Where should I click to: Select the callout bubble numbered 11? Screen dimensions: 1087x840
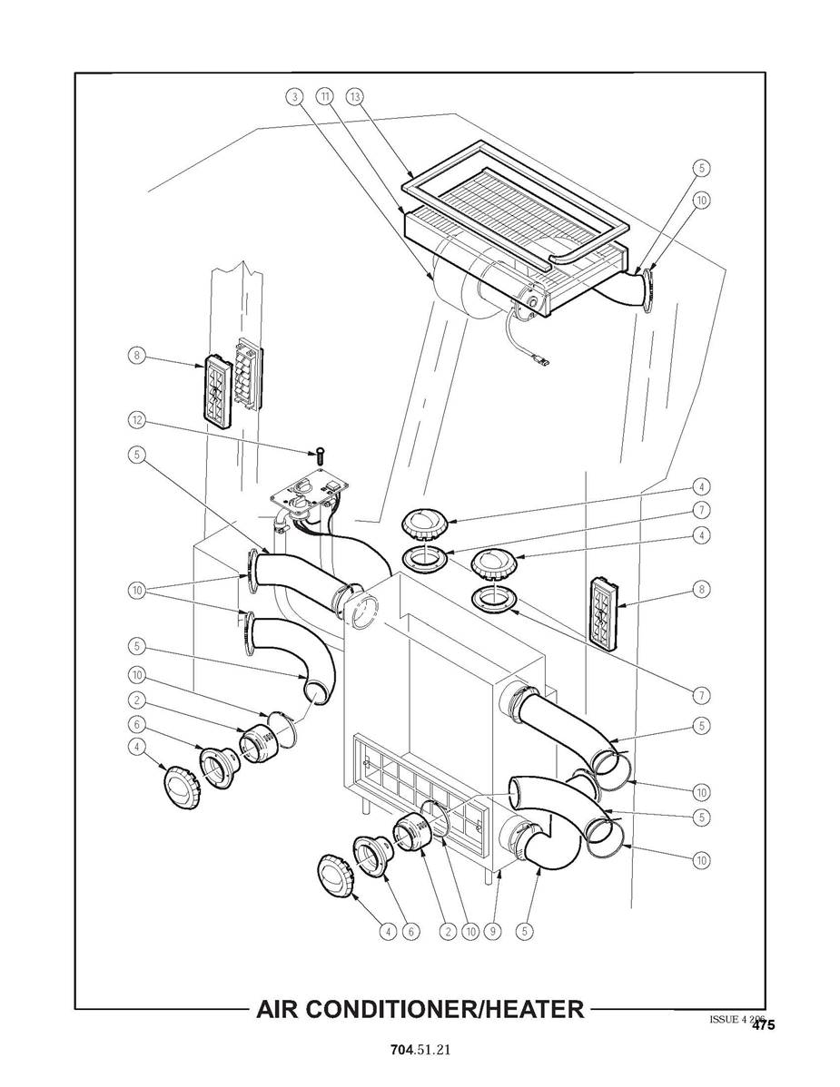point(324,96)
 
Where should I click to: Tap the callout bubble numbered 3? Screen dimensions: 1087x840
point(294,96)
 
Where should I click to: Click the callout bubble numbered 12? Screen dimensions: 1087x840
point(135,420)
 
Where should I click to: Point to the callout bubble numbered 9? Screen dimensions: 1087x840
point(491,929)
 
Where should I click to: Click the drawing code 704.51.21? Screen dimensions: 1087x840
point(420,1049)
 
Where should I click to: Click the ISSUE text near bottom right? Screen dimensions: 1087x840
point(726,1019)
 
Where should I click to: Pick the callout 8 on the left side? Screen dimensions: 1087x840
point(135,357)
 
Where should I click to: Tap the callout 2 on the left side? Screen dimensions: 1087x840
point(135,700)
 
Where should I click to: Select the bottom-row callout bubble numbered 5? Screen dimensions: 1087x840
point(523,929)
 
